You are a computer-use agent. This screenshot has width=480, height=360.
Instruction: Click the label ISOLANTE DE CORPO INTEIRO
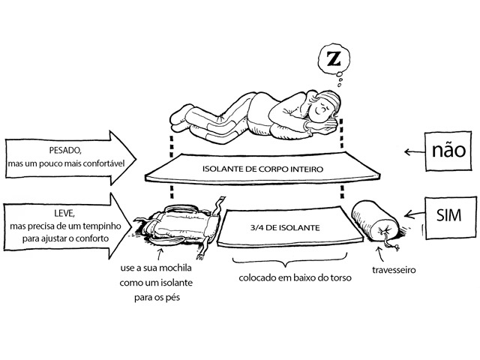coord(262,169)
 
